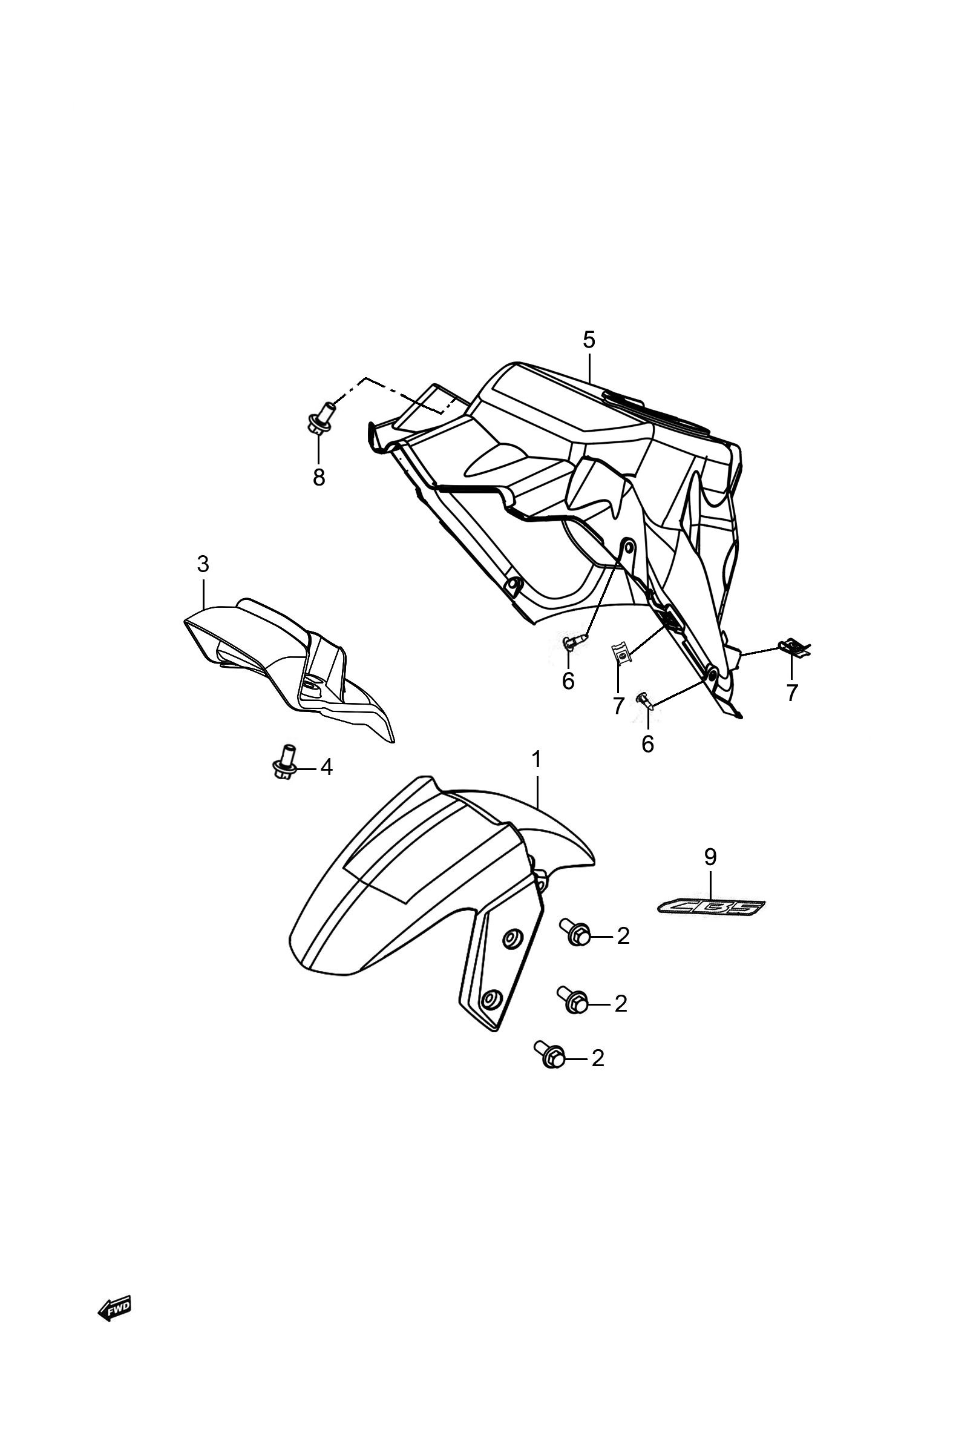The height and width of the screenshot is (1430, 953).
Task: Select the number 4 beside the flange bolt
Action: click(x=326, y=767)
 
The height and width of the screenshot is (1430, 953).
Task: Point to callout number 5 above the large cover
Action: click(x=589, y=340)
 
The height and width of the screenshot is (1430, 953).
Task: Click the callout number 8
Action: click(x=319, y=477)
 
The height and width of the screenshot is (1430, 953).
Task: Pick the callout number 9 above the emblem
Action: click(x=710, y=857)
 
